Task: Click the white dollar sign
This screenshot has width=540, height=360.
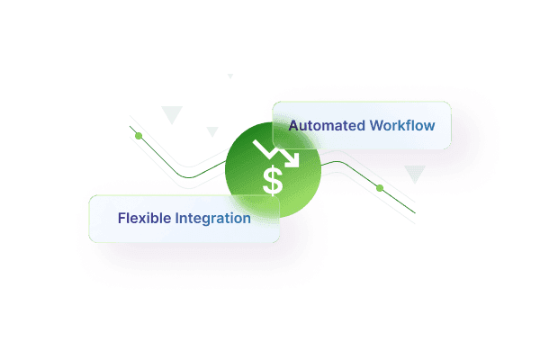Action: click(273, 180)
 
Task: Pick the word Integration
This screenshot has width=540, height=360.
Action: click(214, 218)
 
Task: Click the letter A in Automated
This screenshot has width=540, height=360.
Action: click(293, 125)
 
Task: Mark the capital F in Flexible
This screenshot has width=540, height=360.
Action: click(121, 218)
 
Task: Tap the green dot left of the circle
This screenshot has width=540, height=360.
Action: click(138, 136)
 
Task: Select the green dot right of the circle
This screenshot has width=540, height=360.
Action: click(380, 188)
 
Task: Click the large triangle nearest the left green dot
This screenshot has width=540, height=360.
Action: click(171, 113)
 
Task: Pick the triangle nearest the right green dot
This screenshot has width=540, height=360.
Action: click(415, 173)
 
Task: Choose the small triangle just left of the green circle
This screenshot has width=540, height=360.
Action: click(212, 131)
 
